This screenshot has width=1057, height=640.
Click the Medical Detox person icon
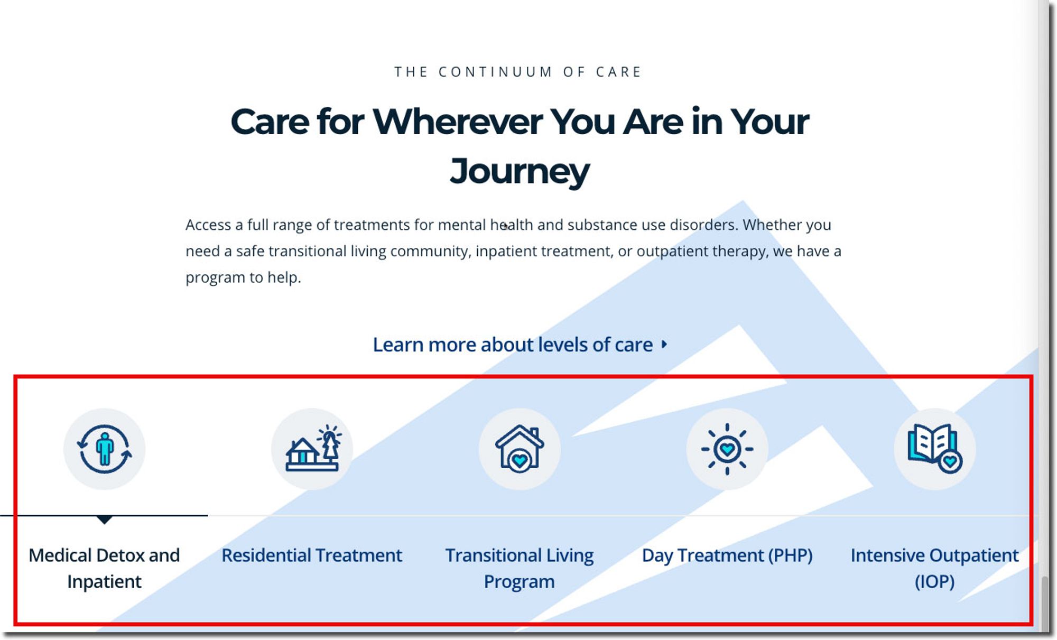104,449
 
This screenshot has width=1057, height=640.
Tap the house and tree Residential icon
313,448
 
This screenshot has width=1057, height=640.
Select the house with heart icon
520,449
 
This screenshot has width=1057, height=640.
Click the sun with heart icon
727,449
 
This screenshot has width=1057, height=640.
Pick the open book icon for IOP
934,449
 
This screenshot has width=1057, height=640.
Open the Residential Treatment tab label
312,555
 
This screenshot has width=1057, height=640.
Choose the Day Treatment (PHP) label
727,556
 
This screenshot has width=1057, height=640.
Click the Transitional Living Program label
520,568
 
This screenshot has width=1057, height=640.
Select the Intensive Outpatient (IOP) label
934,568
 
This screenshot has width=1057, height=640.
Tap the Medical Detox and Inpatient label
104,568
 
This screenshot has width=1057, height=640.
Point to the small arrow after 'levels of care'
664,345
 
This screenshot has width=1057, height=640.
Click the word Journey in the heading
520,171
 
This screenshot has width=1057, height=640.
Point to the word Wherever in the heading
458,122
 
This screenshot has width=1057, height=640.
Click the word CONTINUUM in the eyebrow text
496,72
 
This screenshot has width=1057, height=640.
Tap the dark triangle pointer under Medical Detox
105,520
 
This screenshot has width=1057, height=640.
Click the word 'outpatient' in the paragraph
672,252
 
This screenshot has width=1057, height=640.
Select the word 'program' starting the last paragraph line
215,278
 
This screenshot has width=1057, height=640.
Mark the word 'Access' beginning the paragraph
208,225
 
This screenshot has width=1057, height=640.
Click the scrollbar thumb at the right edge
1044,602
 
